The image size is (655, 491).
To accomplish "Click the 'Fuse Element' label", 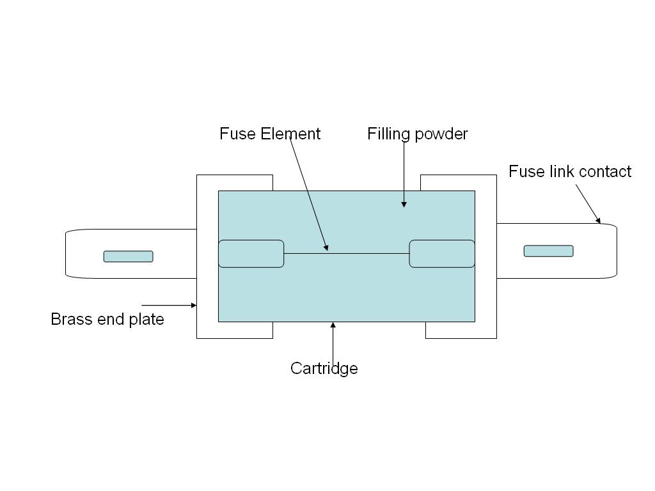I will click(x=269, y=134).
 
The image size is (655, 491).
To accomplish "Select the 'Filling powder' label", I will click(x=417, y=134).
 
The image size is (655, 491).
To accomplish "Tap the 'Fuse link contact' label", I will click(x=569, y=171).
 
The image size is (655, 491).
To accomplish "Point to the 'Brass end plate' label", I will click(x=107, y=319).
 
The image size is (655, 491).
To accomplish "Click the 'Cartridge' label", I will click(x=324, y=368).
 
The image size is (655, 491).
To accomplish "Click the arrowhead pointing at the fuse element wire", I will click(x=326, y=247).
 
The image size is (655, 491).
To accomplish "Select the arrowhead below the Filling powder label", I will click(x=404, y=204).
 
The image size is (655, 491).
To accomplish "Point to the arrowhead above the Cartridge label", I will click(x=333, y=326).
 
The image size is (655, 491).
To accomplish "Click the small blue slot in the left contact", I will click(x=128, y=256).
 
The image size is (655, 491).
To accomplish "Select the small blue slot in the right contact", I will click(x=548, y=251).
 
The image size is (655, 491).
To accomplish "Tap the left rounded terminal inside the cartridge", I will click(x=251, y=254).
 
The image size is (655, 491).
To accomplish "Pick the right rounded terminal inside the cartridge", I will click(x=442, y=254).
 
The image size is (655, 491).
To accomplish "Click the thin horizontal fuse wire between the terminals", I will click(x=358, y=254).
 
